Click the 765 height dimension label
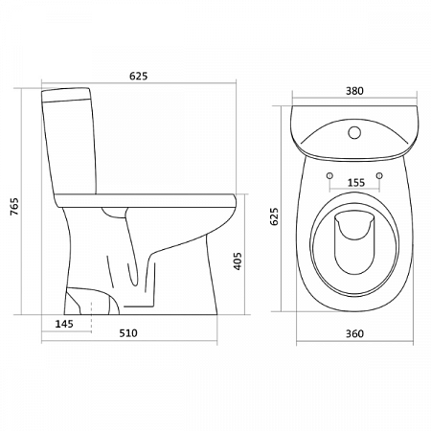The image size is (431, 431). click(x=14, y=207)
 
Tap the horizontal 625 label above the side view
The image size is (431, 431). click(x=139, y=76)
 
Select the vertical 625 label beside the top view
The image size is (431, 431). click(x=274, y=216)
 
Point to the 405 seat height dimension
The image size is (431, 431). click(x=238, y=261)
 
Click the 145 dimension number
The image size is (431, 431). click(x=64, y=324)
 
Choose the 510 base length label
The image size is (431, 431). click(x=128, y=333)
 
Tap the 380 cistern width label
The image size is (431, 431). click(x=354, y=91)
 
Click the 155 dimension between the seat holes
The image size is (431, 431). click(x=356, y=183)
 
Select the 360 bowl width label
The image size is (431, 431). click(x=354, y=333)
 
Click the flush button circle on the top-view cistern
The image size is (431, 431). click(x=354, y=132)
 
